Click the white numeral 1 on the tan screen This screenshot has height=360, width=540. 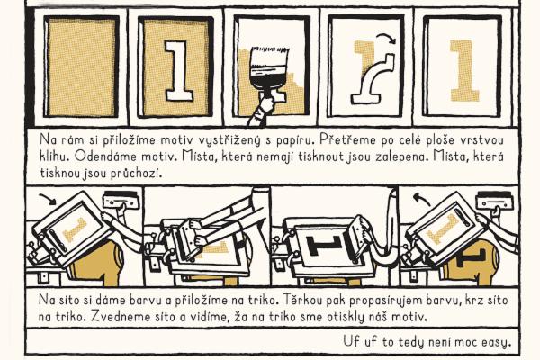[177, 70]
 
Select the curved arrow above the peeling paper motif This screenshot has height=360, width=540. [386, 37]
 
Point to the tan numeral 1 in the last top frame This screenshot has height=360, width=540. [463, 71]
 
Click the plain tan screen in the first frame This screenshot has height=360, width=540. [81, 67]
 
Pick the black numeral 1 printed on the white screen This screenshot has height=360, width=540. [324, 246]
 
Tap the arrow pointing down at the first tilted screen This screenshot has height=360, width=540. [49, 199]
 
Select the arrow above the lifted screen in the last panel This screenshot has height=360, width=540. [421, 199]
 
